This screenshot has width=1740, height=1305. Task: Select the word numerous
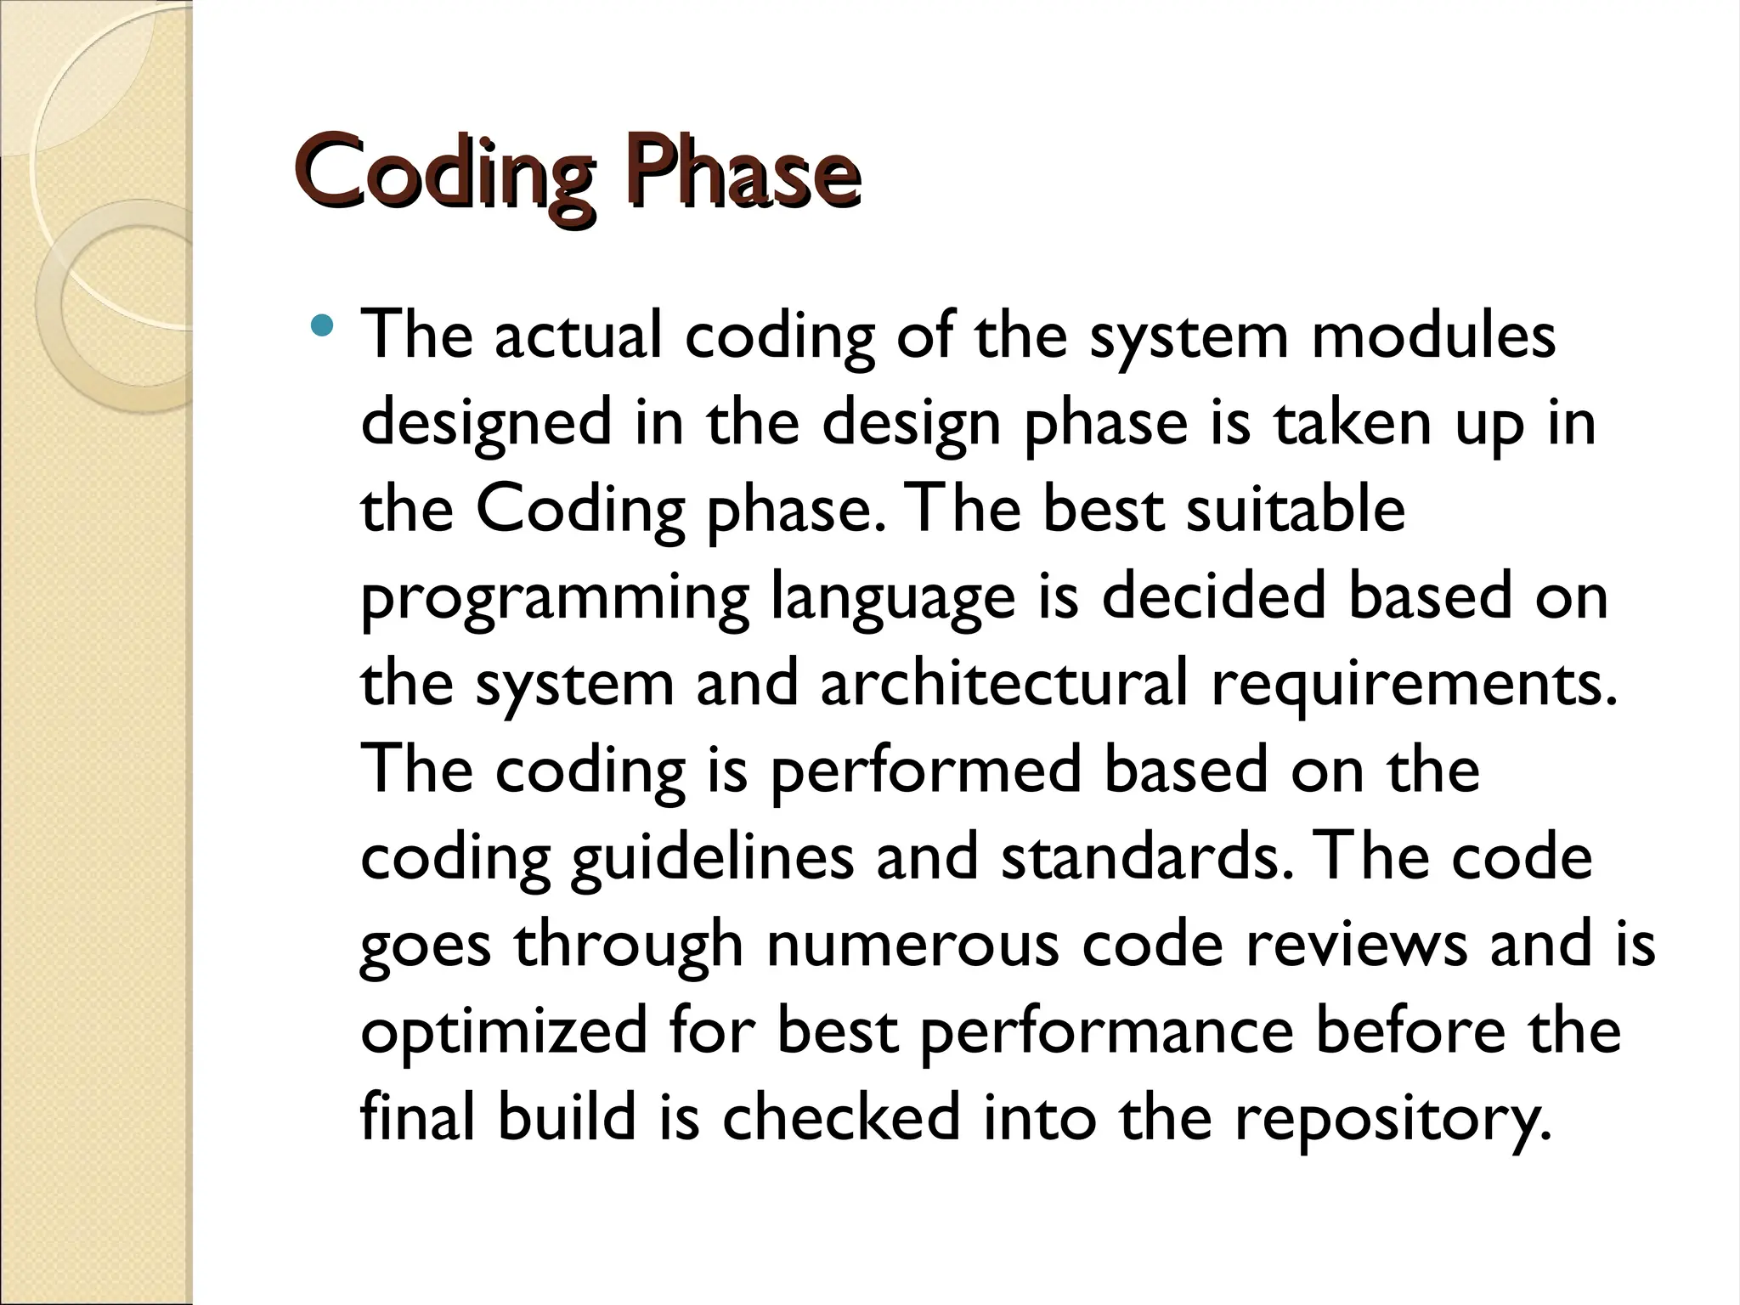pyautogui.click(x=912, y=944)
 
